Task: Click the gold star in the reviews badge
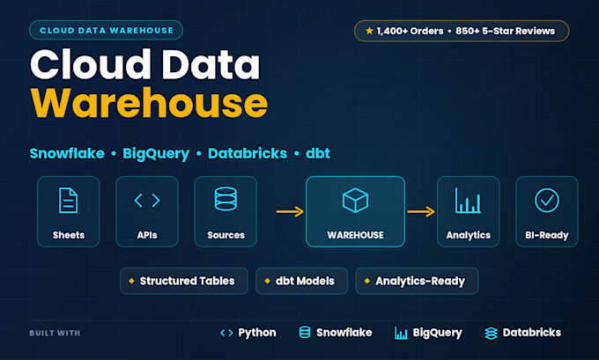369,31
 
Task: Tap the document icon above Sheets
69,200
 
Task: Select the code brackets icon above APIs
147,200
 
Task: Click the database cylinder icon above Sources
226,199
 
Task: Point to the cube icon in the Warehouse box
355,200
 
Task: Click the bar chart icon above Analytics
468,201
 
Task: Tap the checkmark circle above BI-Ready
547,200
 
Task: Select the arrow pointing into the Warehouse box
290,211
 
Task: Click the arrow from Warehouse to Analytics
421,211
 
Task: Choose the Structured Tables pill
184,281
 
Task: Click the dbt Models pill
302,281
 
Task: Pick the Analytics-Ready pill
417,281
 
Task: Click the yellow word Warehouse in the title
149,103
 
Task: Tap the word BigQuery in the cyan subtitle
156,154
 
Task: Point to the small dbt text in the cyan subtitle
318,153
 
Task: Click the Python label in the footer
257,333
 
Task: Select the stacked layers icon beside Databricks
491,334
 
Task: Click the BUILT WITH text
55,334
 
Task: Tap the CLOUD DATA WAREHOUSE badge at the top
107,30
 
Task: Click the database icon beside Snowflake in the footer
305,332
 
